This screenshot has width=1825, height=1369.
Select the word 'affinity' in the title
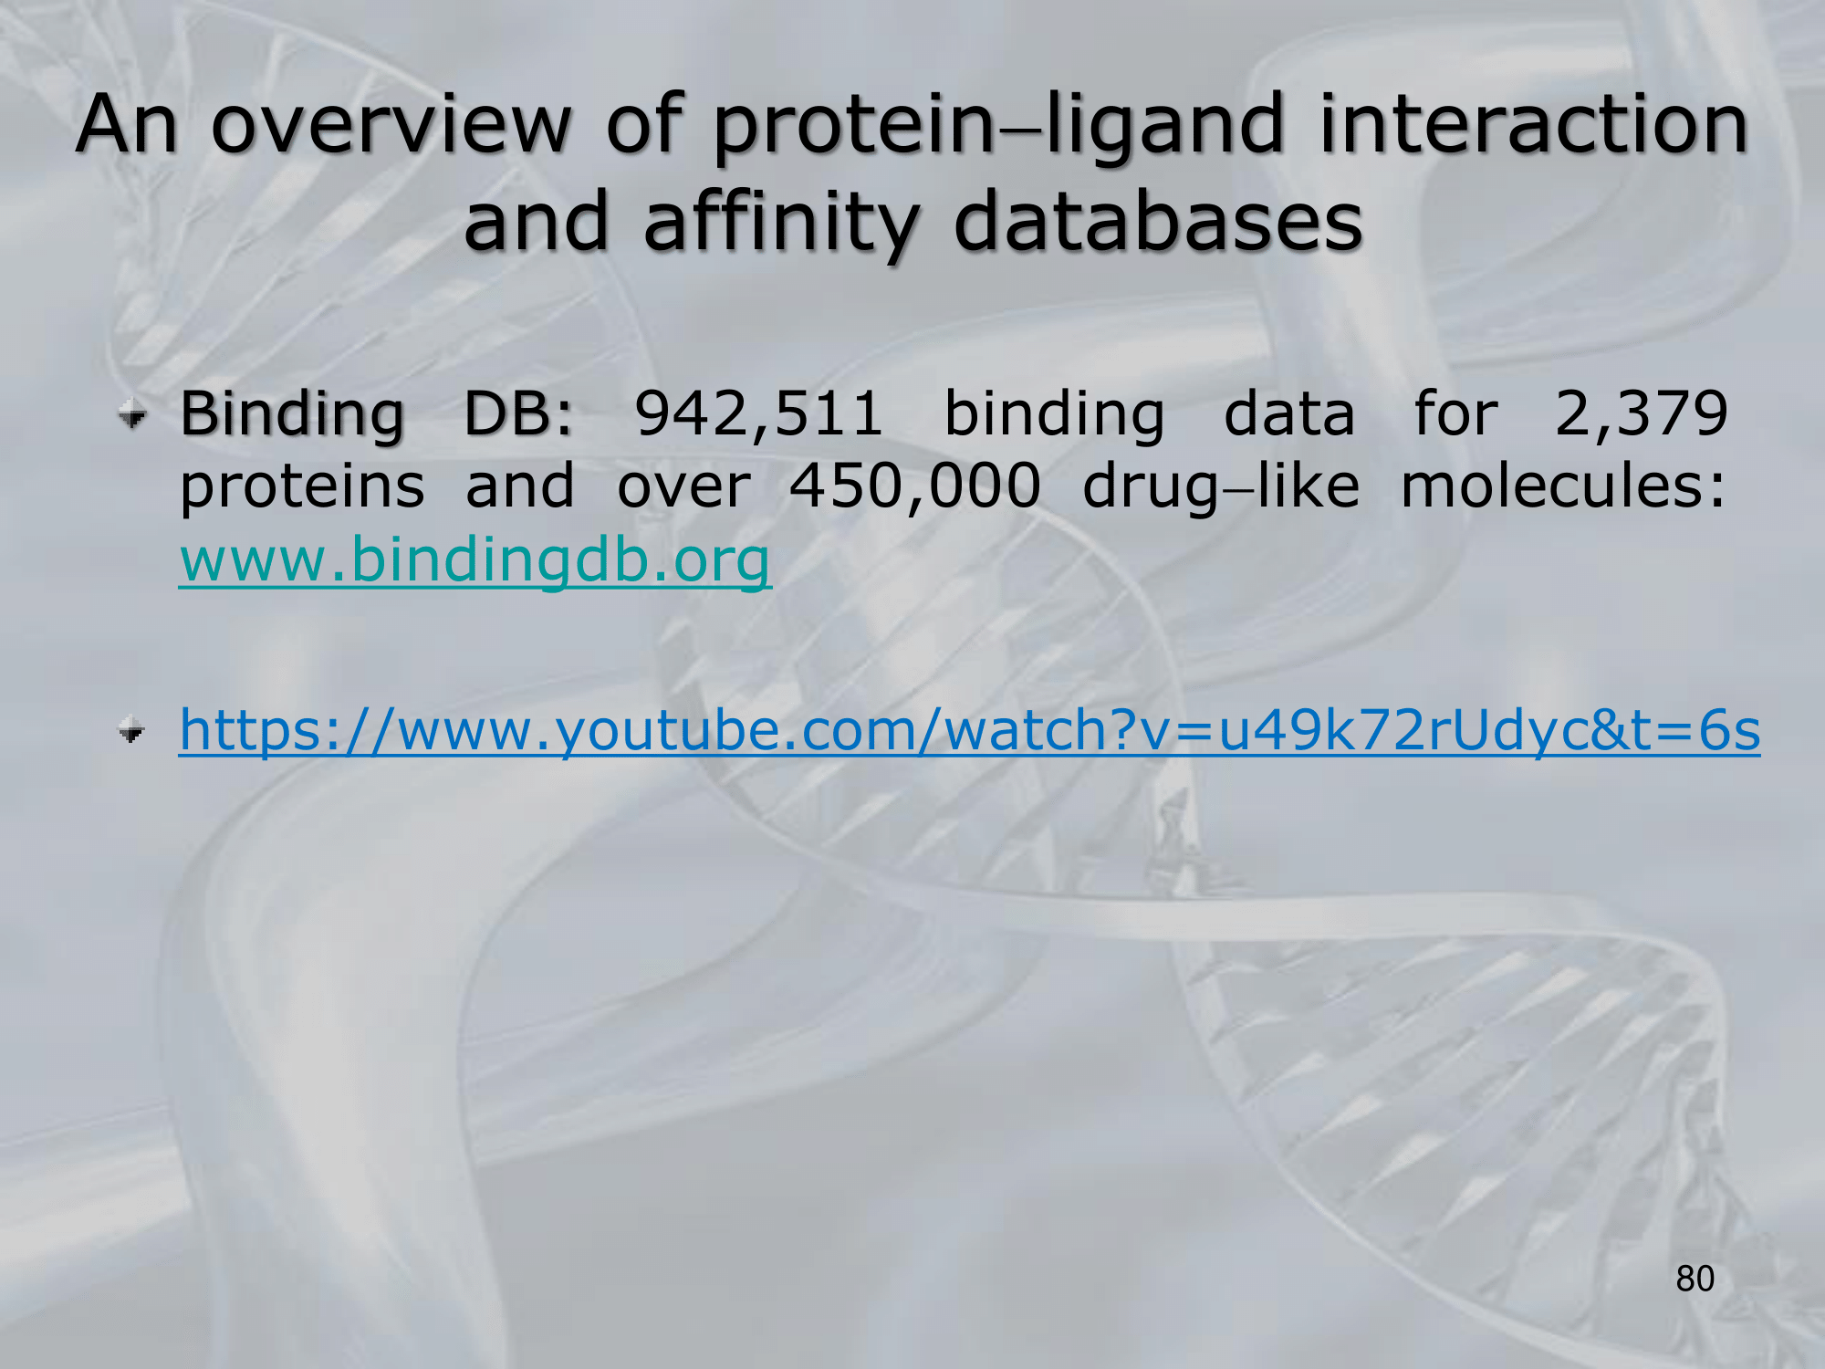(781, 225)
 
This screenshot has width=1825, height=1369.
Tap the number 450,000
(915, 487)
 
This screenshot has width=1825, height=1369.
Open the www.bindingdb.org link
(475, 561)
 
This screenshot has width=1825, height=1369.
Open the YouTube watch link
(969, 731)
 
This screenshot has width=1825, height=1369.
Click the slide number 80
(1695, 1279)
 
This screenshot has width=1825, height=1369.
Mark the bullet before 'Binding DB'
(133, 417)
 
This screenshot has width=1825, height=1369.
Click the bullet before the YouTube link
(133, 731)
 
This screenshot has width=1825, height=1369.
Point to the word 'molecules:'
(1563, 486)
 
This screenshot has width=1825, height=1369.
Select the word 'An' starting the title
(127, 125)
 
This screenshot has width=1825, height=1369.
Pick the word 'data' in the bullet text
(1288, 414)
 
